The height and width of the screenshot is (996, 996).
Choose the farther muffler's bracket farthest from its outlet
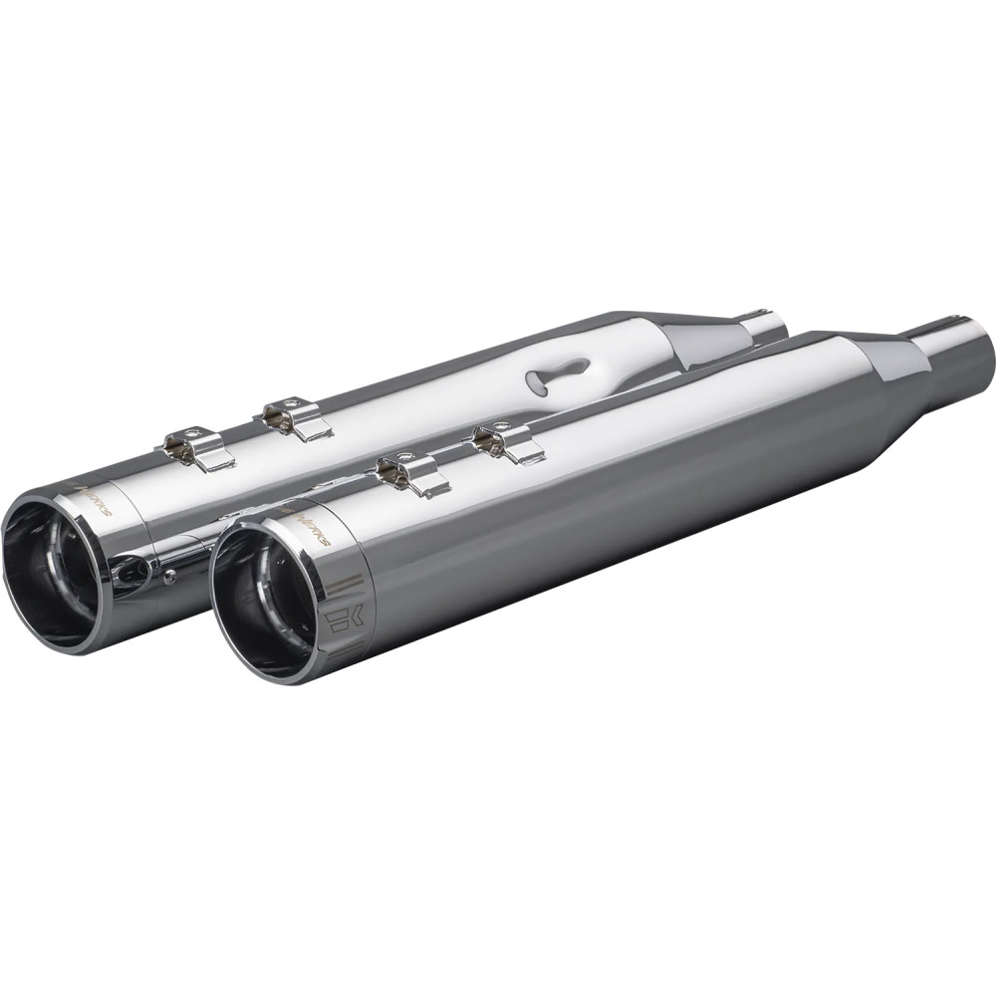[297, 415]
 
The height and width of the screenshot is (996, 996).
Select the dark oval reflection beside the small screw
[132, 573]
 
